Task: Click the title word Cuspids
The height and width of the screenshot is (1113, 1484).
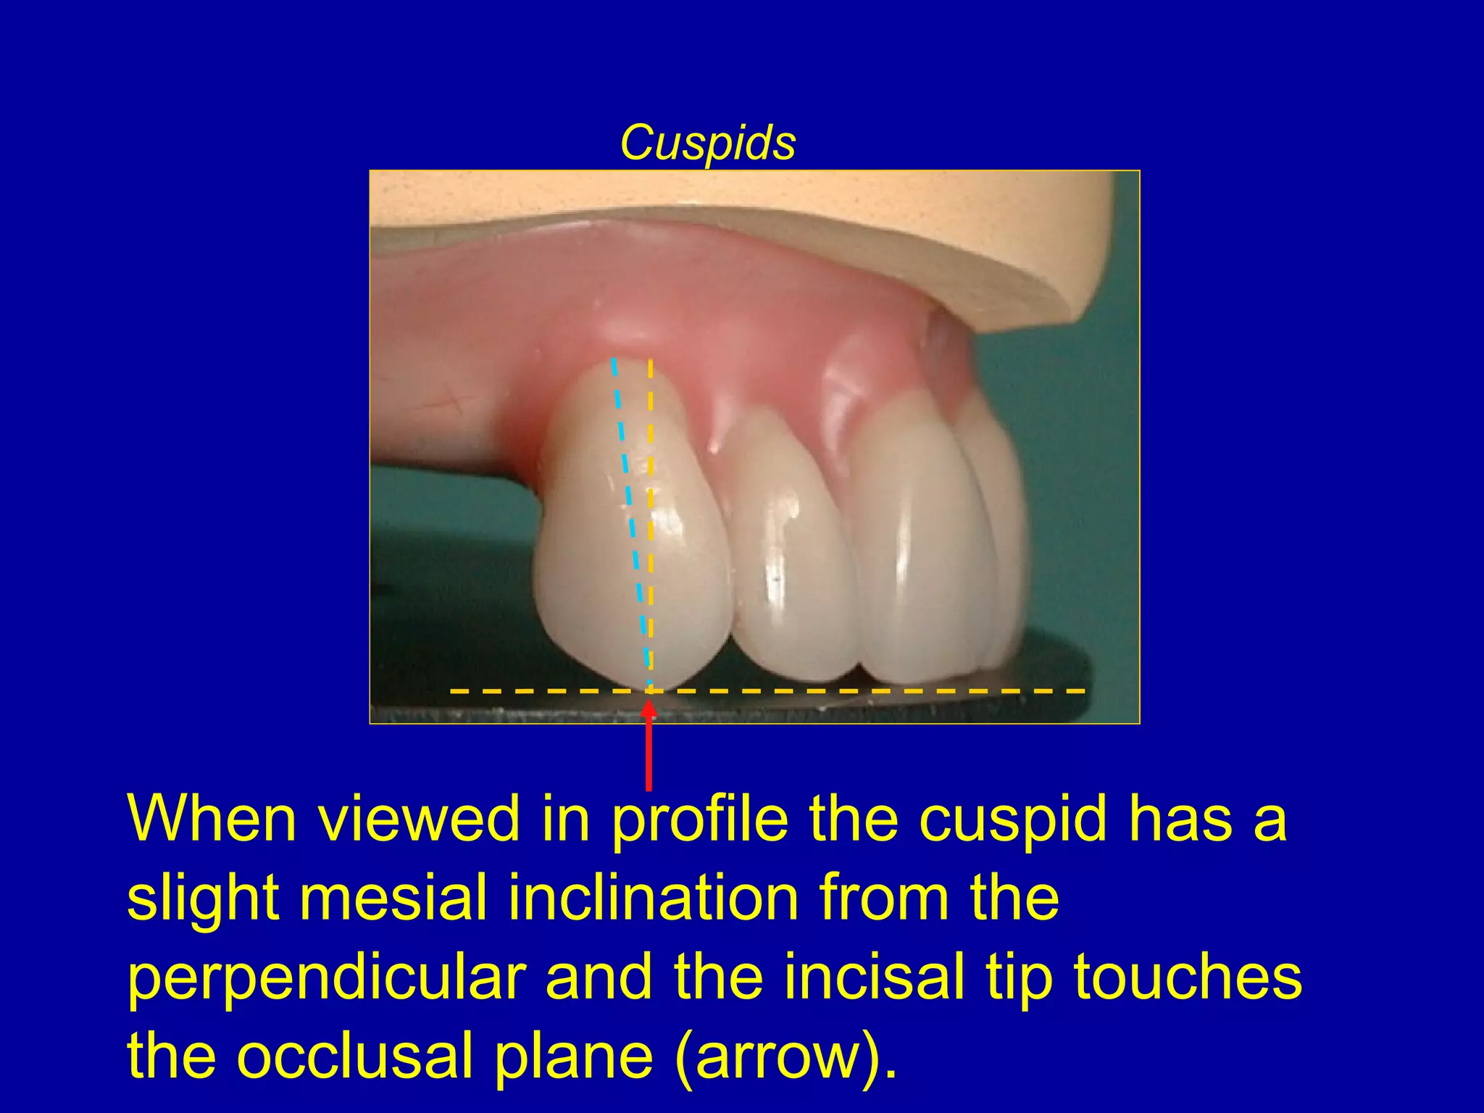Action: [x=707, y=143]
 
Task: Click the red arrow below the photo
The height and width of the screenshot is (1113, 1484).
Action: [x=649, y=754]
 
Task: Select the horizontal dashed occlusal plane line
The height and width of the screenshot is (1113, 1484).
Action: [x=870, y=691]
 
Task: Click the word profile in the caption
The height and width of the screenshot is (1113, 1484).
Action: [x=699, y=820]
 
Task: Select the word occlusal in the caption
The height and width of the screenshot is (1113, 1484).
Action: [x=354, y=1055]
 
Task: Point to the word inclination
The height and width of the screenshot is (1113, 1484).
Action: [x=652, y=899]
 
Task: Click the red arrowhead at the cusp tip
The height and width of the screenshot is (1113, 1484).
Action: [x=649, y=709]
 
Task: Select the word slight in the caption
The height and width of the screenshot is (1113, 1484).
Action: [x=203, y=899]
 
